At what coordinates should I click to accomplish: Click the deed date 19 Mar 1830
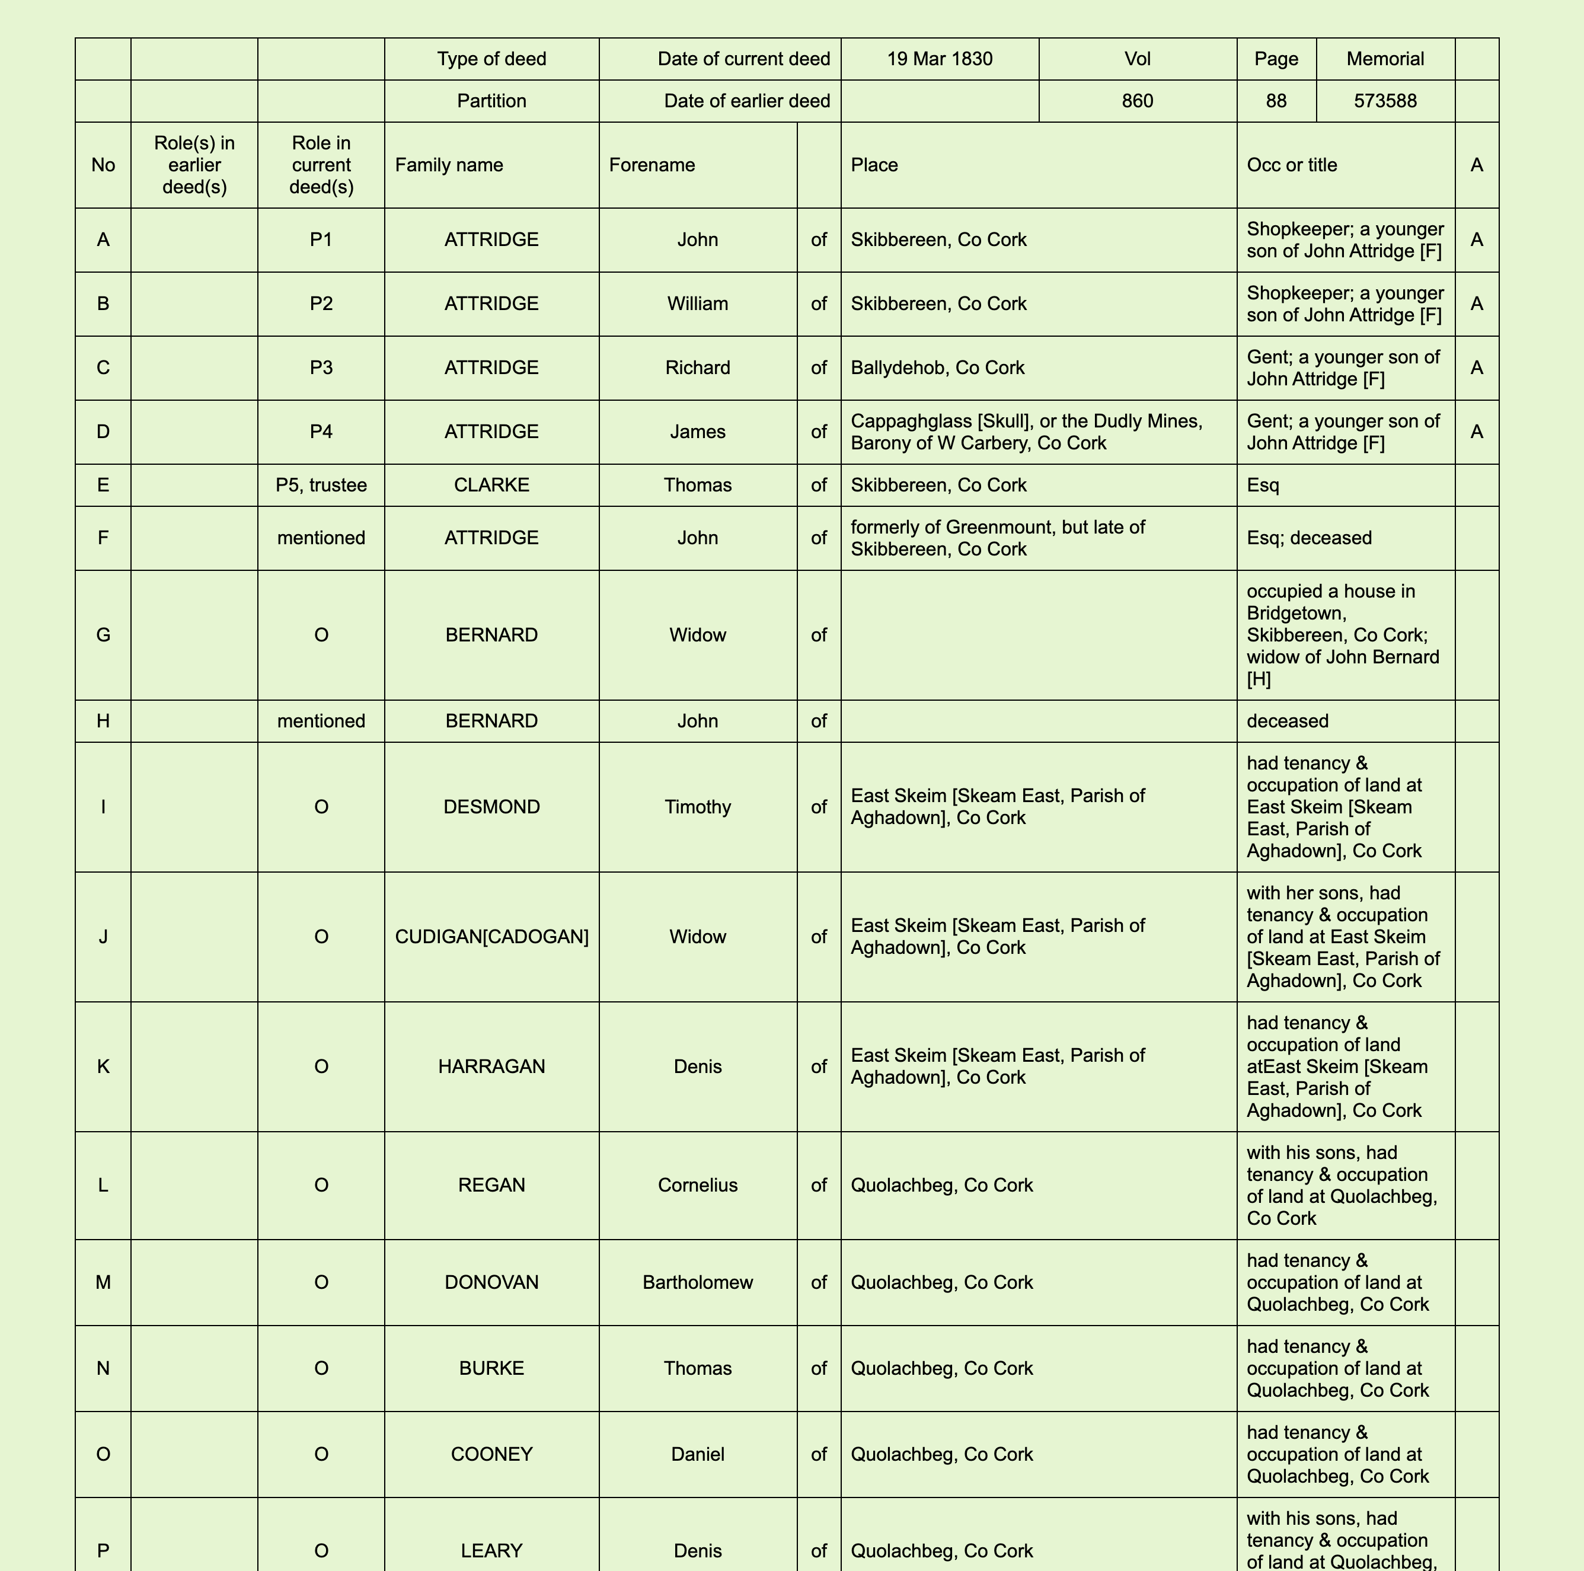click(940, 59)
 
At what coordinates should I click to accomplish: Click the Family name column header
click(449, 165)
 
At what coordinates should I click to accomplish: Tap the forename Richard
click(697, 368)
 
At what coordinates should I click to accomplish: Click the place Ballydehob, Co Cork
click(937, 368)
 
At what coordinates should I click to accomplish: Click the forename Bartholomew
click(697, 1282)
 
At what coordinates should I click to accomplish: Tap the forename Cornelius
click(697, 1185)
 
